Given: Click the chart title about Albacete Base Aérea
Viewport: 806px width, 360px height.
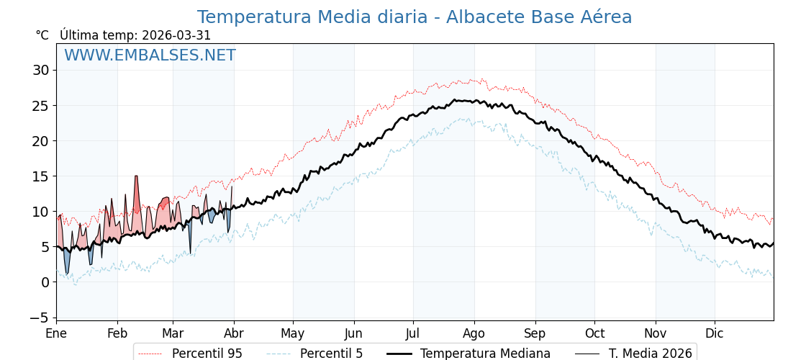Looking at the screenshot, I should point(414,17).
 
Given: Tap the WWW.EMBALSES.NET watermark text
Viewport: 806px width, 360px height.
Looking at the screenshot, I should point(150,55).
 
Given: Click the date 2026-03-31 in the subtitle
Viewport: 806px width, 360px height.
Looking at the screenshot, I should point(176,35).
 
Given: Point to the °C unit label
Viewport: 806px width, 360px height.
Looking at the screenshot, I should point(42,35).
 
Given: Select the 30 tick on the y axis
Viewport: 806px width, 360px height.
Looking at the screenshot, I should point(40,71).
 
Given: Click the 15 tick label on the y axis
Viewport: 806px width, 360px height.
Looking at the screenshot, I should point(40,176).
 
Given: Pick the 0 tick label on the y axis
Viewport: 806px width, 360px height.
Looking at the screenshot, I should point(45,282).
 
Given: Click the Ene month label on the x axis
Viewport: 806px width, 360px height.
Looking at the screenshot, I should point(56,333).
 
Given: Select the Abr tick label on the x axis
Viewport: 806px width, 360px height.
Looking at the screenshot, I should point(234,333).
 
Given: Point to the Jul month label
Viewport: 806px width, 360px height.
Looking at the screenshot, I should point(413,333).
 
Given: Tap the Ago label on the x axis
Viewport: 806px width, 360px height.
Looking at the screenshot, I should point(474,333).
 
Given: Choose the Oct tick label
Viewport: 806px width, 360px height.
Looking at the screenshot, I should point(594,333).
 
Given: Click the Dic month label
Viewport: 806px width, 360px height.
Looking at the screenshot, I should point(715,333).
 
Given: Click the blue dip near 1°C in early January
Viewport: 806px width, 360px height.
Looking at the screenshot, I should point(67,266).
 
